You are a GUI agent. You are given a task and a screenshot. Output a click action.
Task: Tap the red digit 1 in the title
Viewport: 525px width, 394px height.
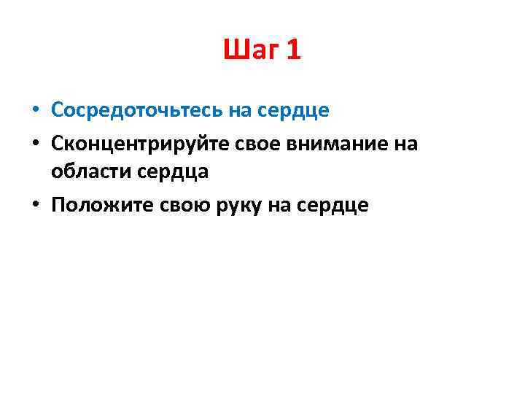pyautogui.click(x=293, y=50)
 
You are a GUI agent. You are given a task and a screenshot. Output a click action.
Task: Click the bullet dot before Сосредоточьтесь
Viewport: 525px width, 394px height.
pyautogui.click(x=35, y=111)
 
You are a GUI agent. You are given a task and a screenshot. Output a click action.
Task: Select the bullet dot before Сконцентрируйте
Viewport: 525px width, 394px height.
pyautogui.click(x=35, y=144)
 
